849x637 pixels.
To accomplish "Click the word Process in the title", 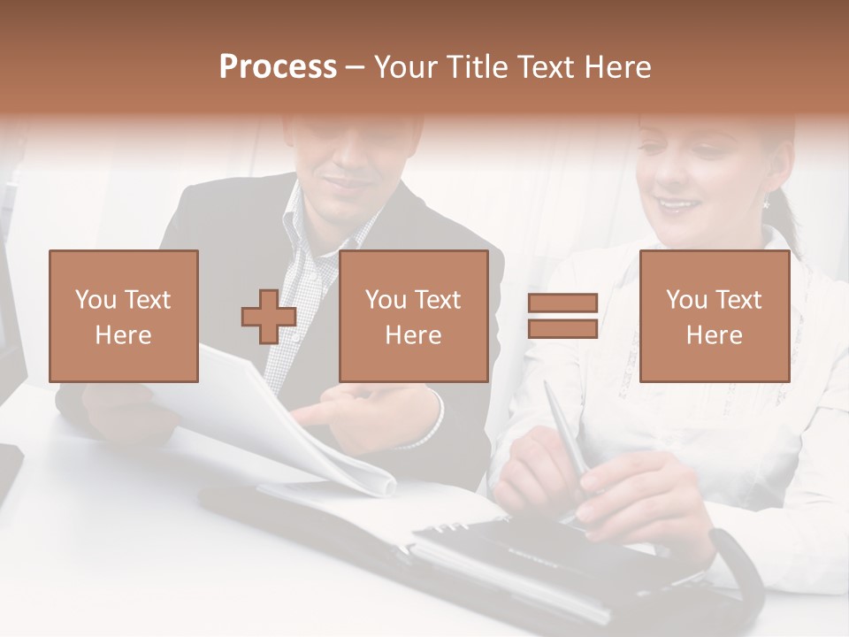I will pos(278,67).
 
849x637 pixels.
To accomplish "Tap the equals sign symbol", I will pos(562,316).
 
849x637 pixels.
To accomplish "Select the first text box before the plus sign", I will pos(124,316).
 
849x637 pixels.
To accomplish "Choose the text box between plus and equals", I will pos(413,316).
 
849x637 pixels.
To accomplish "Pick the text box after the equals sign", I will pos(714,316).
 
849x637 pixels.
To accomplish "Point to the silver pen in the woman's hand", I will pos(566,434).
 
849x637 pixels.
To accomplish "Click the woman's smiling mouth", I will pos(678,205).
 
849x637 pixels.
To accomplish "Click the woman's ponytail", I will pos(787,221).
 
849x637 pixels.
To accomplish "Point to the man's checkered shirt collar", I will pos(305,221).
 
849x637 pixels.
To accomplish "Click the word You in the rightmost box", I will pos(685,300).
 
